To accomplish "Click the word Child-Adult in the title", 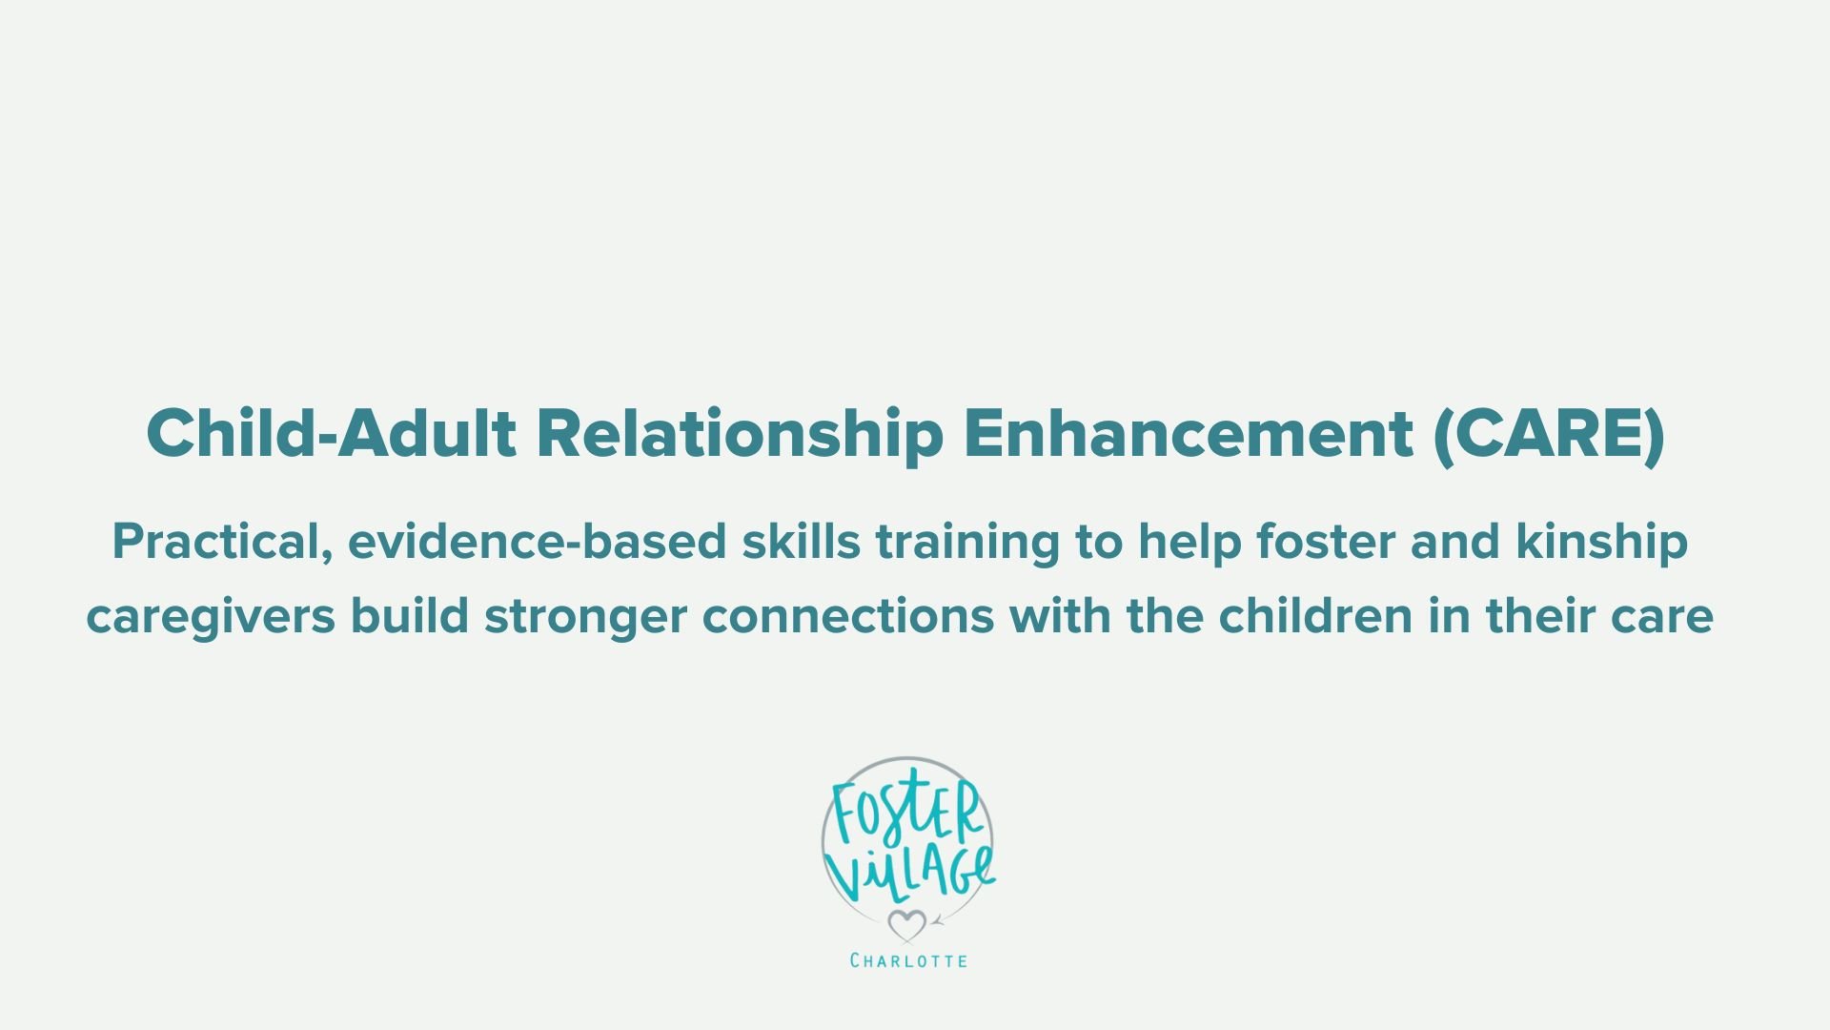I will pos(331,434).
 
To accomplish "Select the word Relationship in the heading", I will pos(740,434).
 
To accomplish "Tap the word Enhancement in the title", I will pos(1188,434).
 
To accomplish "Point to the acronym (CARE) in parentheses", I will pos(1549,434).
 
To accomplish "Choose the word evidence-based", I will pos(537,542).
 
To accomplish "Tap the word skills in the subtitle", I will pos(802,542).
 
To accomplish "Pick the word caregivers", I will pos(211,617).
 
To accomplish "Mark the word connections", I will pos(848,617).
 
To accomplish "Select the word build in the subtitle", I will pos(410,617).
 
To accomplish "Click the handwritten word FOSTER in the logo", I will pos(905,811).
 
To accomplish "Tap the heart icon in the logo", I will pos(906,924).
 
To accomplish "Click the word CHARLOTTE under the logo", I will pos(908,960).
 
